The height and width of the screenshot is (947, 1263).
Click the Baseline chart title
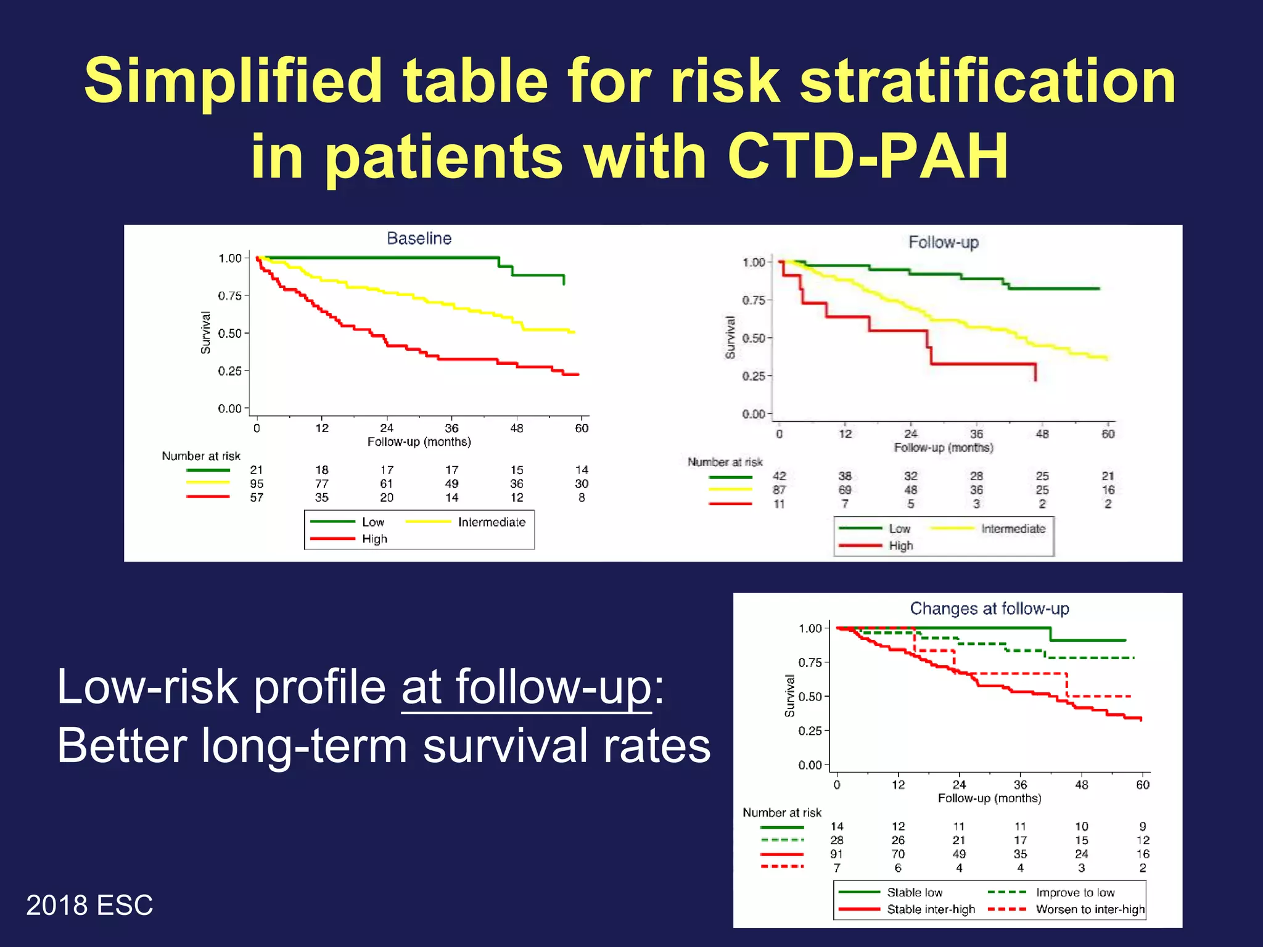pyautogui.click(x=419, y=239)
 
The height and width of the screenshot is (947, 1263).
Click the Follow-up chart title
pyautogui.click(x=943, y=242)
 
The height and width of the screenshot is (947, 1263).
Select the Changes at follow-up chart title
pyautogui.click(x=989, y=609)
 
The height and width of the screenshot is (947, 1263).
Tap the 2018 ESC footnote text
pyautogui.click(x=89, y=905)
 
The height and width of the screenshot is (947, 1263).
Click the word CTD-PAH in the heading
pyautogui.click(x=868, y=156)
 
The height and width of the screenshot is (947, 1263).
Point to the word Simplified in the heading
pyautogui.click(x=232, y=81)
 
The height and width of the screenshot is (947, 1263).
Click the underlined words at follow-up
pyautogui.click(x=526, y=687)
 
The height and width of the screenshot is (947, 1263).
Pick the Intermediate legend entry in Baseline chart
pyautogui.click(x=491, y=522)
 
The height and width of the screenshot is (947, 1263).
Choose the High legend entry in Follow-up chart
pyautogui.click(x=900, y=546)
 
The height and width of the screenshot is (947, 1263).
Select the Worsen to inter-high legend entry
pyautogui.click(x=1090, y=909)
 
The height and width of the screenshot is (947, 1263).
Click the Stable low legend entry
pyautogui.click(x=915, y=892)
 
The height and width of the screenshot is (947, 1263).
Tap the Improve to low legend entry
pyautogui.click(x=1075, y=892)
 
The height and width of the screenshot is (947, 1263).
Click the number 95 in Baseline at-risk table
pyautogui.click(x=257, y=484)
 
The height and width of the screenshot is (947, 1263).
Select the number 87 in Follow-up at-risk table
pyautogui.click(x=779, y=490)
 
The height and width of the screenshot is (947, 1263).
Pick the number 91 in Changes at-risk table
pyautogui.click(x=836, y=854)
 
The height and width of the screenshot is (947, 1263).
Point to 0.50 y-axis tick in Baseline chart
pyautogui.click(x=229, y=334)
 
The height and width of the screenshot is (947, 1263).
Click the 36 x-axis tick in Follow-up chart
pyautogui.click(x=976, y=434)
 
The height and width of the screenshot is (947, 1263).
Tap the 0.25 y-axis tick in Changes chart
pyautogui.click(x=810, y=731)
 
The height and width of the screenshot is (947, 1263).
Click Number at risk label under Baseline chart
pyautogui.click(x=201, y=456)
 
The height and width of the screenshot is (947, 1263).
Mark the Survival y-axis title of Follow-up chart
pyautogui.click(x=730, y=337)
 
